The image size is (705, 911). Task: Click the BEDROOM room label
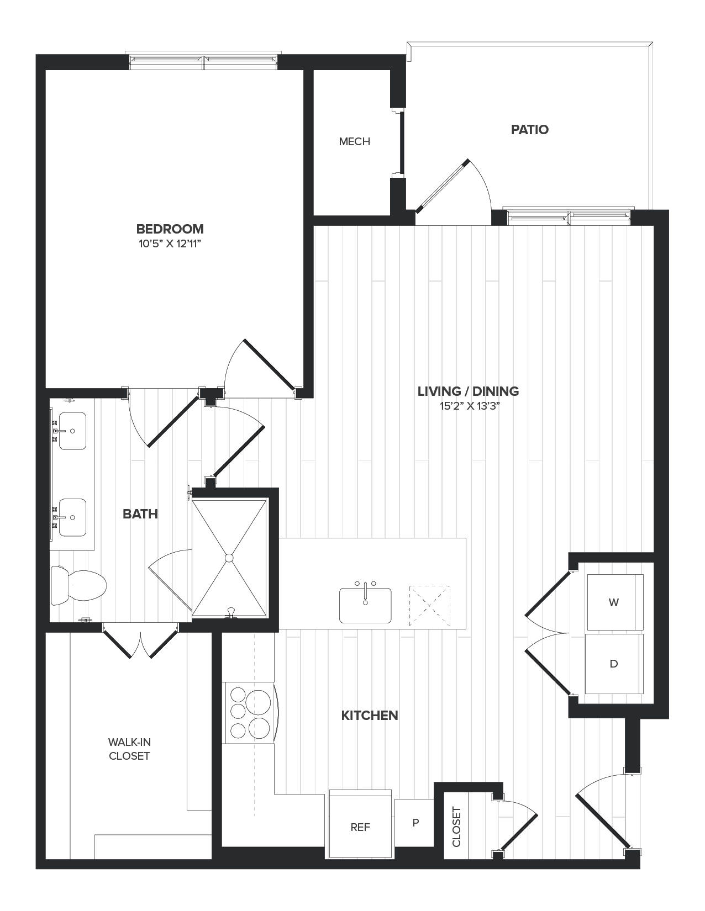[170, 229]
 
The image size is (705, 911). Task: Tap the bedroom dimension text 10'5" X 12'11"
[170, 243]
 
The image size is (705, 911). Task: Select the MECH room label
[354, 141]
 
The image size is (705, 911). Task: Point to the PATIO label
[529, 130]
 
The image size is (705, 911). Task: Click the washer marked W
[614, 602]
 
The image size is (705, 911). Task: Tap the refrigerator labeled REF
[360, 827]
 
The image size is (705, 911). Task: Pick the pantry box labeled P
[415, 823]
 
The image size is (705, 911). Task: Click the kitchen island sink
[365, 605]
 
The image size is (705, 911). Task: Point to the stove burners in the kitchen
[249, 713]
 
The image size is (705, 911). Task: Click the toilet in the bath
[80, 586]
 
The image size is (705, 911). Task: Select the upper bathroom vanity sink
[72, 431]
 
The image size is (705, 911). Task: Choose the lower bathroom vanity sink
[72, 517]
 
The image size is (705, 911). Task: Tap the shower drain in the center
[229, 558]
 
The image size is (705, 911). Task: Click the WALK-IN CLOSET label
[129, 749]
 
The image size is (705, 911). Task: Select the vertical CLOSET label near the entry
[456, 827]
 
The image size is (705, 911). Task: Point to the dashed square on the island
[429, 606]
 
